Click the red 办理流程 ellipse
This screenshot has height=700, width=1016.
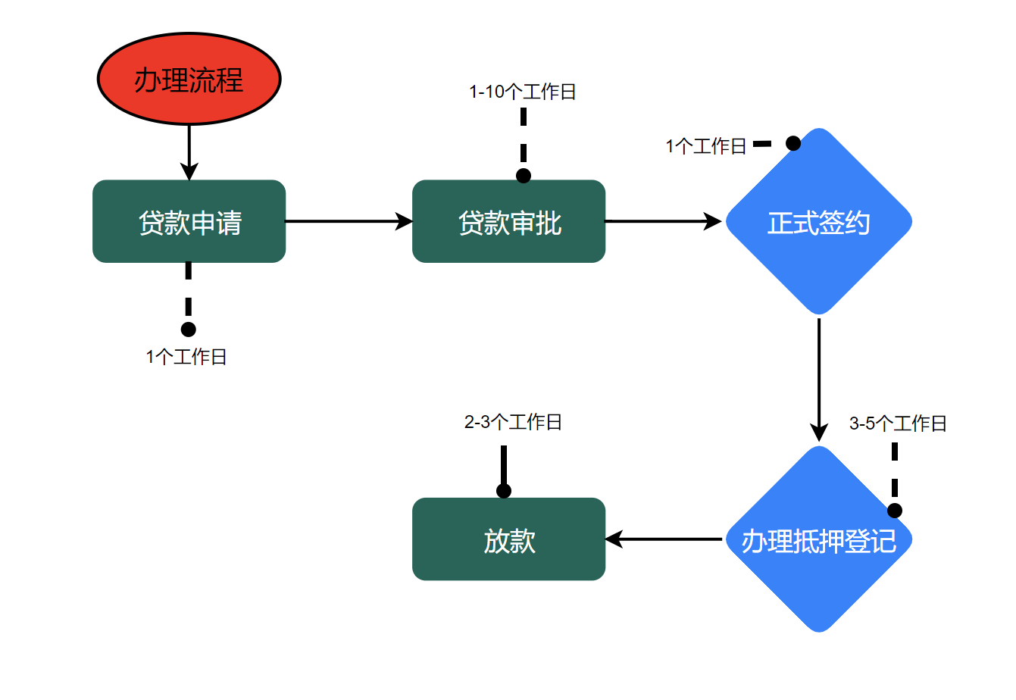tap(189, 79)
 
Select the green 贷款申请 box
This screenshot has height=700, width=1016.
tap(189, 221)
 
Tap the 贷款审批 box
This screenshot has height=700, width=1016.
tap(508, 221)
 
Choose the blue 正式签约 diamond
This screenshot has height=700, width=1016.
tap(818, 221)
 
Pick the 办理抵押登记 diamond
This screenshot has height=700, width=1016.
tap(818, 539)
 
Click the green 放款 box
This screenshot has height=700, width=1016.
tap(508, 539)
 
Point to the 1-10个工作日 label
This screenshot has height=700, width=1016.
tap(523, 92)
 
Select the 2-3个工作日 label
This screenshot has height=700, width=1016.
tap(513, 422)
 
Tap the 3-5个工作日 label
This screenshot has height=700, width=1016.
tap(898, 423)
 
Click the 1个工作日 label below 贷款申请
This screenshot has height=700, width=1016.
tap(186, 357)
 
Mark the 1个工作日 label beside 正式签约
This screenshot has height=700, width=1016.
tap(706, 146)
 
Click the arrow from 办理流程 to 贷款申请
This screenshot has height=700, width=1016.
tap(189, 152)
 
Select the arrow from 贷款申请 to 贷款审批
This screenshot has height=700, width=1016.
tap(349, 221)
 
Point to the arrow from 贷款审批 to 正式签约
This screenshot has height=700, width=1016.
tap(663, 221)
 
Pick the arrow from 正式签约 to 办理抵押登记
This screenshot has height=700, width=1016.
tap(819, 379)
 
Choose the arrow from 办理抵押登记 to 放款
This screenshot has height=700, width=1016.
tap(664, 539)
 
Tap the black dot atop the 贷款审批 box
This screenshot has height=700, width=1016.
tap(524, 176)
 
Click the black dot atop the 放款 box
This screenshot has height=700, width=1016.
tap(504, 491)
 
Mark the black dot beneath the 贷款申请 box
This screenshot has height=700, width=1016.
tap(189, 330)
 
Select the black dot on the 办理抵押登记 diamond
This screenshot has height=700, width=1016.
tap(895, 511)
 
